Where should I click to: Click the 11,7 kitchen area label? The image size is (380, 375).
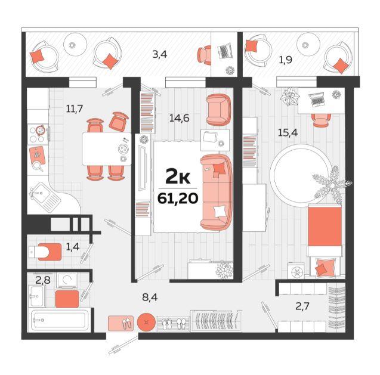[75, 109]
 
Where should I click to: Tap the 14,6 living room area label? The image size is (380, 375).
[179, 118]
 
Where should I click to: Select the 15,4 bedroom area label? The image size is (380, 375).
[288, 133]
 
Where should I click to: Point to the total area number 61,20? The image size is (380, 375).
[178, 199]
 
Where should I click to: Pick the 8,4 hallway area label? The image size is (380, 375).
[150, 297]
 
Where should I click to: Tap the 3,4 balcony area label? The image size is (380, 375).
[160, 54]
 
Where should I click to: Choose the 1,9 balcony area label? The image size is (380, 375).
[285, 60]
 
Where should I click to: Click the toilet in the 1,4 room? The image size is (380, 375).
[45, 252]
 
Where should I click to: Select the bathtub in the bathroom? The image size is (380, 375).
[60, 320]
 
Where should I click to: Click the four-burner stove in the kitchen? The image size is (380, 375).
[38, 134]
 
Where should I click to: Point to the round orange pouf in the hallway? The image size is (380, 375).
[146, 322]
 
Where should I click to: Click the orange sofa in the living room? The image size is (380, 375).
[217, 193]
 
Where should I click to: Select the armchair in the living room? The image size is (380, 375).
[218, 110]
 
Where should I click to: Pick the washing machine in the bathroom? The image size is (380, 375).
[67, 281]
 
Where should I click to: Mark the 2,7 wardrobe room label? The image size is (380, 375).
[302, 306]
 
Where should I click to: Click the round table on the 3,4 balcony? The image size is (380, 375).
[75, 45]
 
